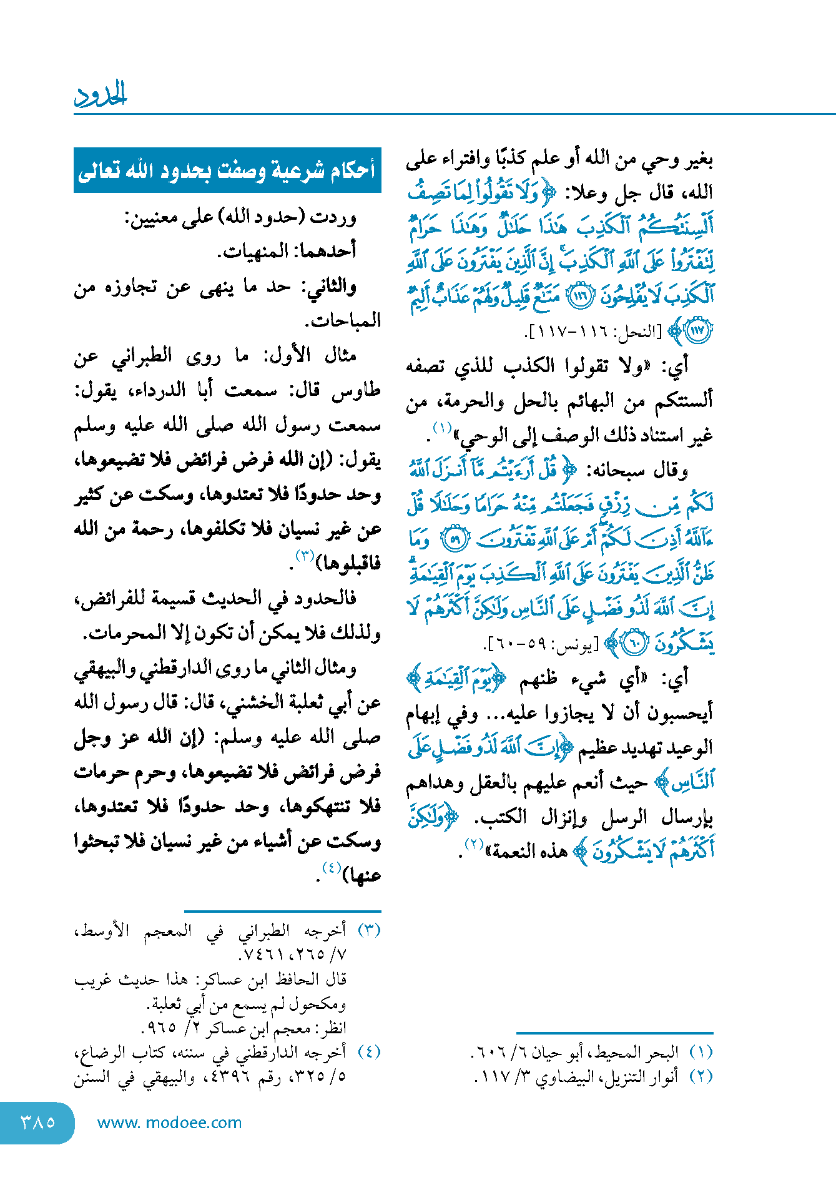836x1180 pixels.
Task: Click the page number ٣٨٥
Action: pyautogui.click(x=37, y=1122)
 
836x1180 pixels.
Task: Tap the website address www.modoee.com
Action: pyautogui.click(x=169, y=1123)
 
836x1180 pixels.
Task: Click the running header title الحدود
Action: pyautogui.click(x=101, y=95)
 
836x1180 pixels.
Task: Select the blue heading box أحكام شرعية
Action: pyautogui.click(x=227, y=170)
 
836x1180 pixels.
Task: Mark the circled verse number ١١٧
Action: pyautogui.click(x=697, y=332)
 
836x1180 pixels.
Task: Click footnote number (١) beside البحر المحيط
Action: pyautogui.click(x=701, y=1052)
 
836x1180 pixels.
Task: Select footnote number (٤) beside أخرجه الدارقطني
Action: pyautogui.click(x=368, y=1052)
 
